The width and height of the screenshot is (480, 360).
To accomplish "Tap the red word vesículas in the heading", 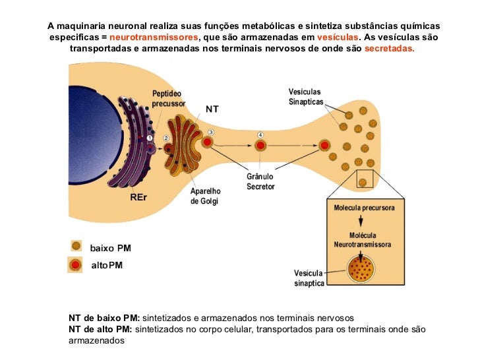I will click(x=338, y=38).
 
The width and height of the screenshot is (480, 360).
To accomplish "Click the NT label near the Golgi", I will click(x=212, y=109).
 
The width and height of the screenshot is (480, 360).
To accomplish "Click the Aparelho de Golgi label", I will click(x=206, y=196).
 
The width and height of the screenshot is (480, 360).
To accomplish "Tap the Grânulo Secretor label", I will click(x=260, y=181).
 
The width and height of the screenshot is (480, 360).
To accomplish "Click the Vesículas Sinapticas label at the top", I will click(x=306, y=96).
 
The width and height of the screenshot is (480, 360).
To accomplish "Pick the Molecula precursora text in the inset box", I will click(x=365, y=207).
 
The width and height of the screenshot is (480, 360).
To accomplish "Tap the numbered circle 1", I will click(x=150, y=137).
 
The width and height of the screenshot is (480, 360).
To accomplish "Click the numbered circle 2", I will click(x=166, y=137).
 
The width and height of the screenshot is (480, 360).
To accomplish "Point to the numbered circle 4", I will click(x=260, y=135).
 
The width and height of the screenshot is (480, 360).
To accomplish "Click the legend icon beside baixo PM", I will click(x=76, y=246).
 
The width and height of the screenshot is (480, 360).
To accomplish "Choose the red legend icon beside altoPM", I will click(x=76, y=265).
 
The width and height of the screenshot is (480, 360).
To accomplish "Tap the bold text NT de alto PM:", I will click(x=100, y=329).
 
